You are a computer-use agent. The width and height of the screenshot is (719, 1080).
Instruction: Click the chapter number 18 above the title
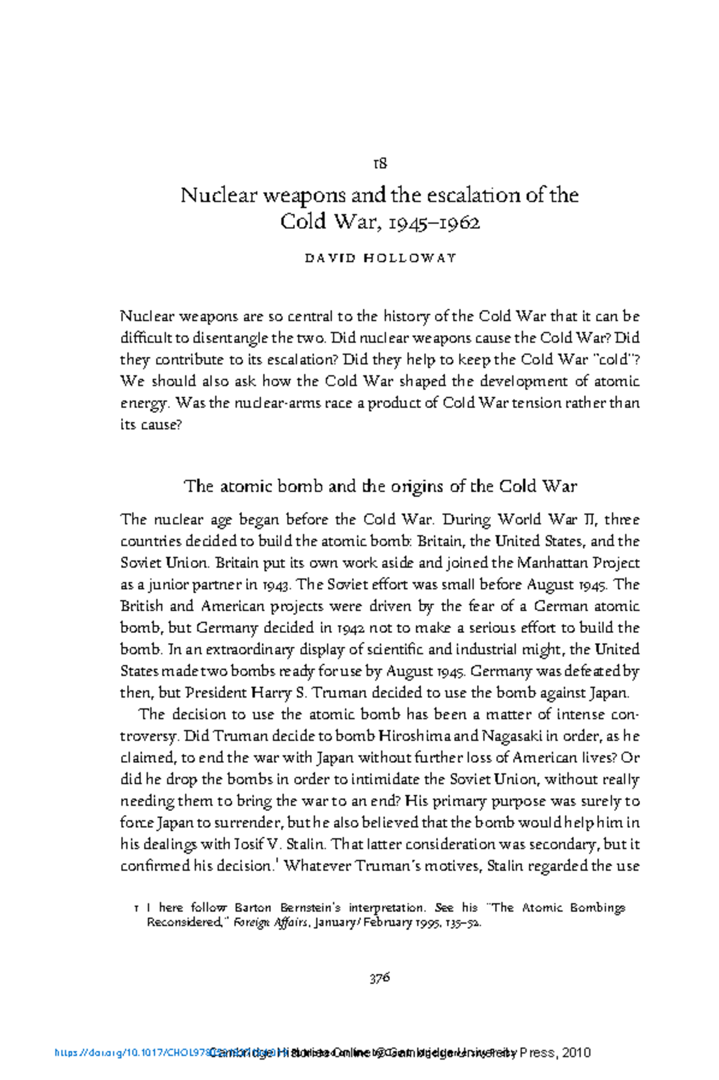[x=380, y=163]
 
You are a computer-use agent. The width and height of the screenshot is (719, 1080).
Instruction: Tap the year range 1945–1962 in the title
[x=434, y=223]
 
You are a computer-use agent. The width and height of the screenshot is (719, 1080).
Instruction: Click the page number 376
[x=380, y=978]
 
